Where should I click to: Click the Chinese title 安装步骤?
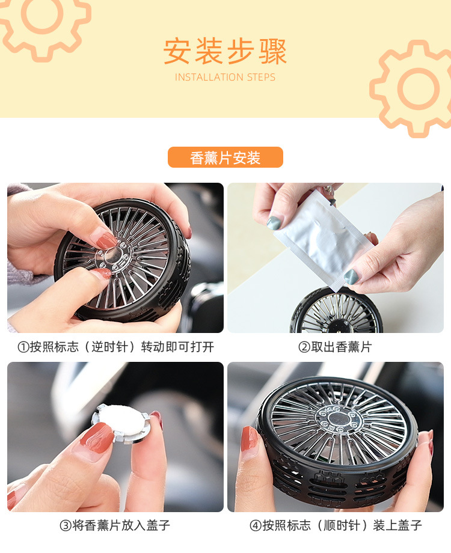pyautogui.click(x=225, y=52)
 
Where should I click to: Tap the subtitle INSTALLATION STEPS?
pyautogui.click(x=225, y=77)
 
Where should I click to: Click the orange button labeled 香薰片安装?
pyautogui.click(x=225, y=157)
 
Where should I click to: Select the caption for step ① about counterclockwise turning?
pyautogui.click(x=115, y=347)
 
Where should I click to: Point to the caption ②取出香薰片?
pyautogui.click(x=335, y=347)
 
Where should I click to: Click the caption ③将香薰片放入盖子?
pyautogui.click(x=115, y=525)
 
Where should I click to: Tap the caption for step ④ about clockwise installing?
pyautogui.click(x=336, y=525)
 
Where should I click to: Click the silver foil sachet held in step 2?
pyautogui.click(x=324, y=239)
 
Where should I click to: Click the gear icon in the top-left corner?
pyautogui.click(x=41, y=21)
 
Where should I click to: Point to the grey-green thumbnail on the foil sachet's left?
pyautogui.click(x=274, y=223)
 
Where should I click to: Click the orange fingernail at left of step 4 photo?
pyautogui.click(x=249, y=439)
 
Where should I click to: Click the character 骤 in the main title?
pyautogui.click(x=273, y=52)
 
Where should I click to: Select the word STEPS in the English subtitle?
pyautogui.click(x=261, y=77)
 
